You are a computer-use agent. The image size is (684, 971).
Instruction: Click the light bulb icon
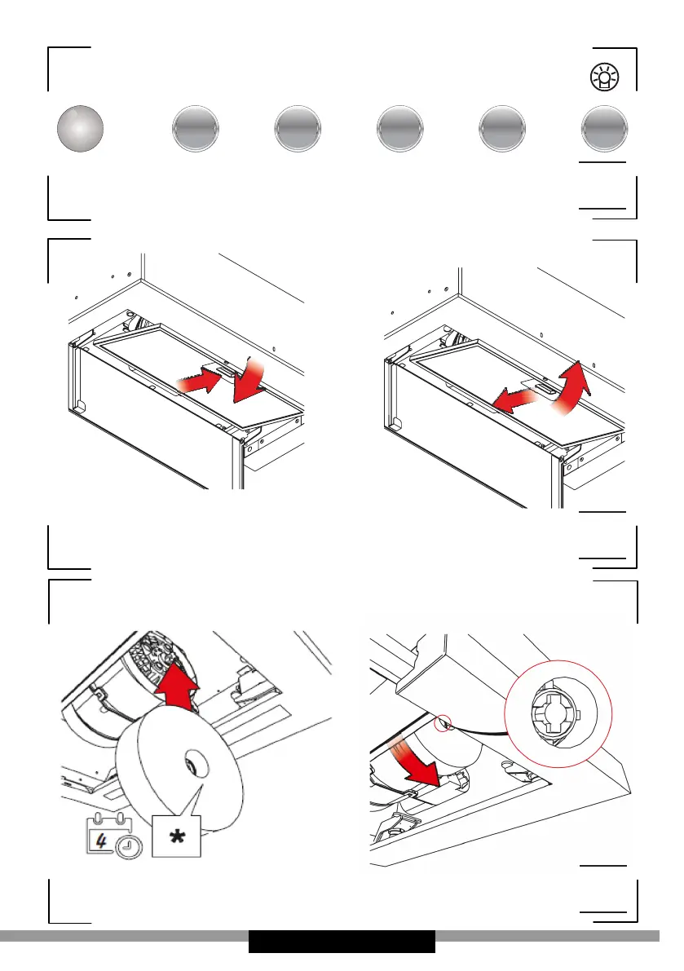(604, 78)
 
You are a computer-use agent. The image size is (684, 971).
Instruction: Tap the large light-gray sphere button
(81, 129)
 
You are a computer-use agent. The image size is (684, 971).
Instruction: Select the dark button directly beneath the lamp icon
(604, 129)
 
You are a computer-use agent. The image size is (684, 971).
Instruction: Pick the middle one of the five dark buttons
(399, 129)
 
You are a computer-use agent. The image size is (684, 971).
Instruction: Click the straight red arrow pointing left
(499, 399)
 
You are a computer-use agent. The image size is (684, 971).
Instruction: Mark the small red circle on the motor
(443, 722)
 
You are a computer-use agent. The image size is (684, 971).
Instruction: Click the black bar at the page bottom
(342, 941)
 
